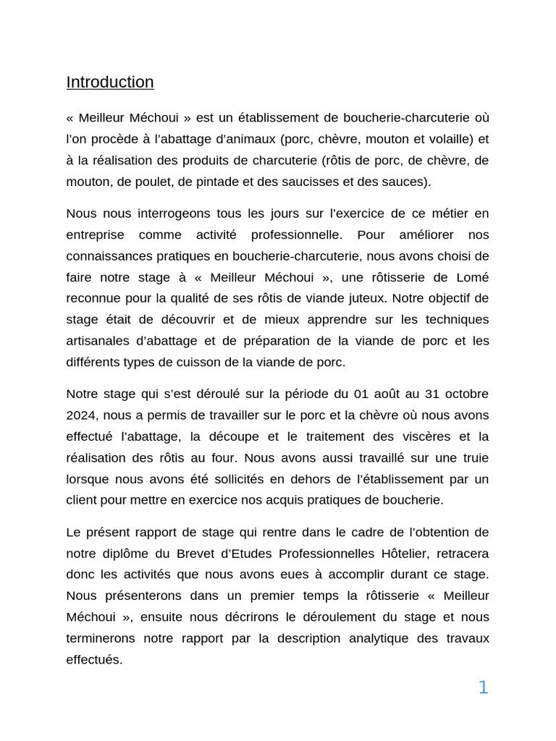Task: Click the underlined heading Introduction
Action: click(110, 82)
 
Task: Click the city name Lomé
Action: click(472, 277)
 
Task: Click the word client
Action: click(83, 500)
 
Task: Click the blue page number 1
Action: click(483, 688)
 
